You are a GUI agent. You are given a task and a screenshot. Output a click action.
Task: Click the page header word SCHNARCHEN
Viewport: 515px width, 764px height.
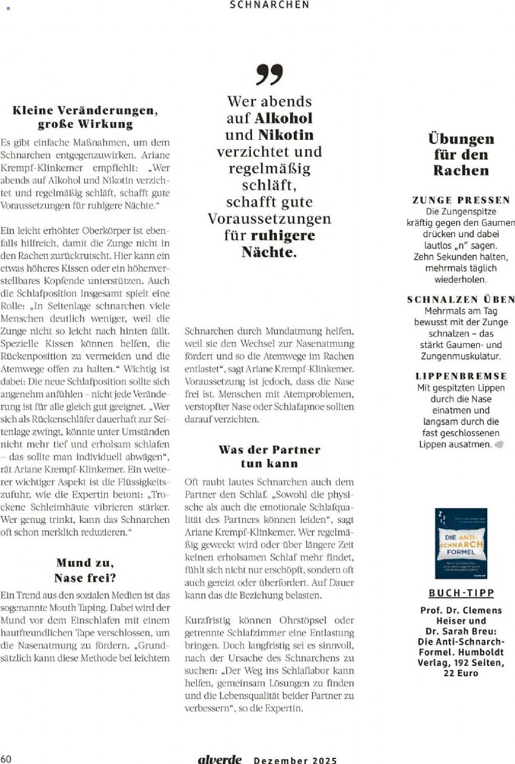tap(270, 5)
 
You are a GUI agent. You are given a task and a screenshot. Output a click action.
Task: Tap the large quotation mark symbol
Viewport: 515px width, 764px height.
tap(269, 74)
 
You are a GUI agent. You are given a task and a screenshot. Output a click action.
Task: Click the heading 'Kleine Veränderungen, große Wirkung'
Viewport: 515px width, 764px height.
tap(85, 117)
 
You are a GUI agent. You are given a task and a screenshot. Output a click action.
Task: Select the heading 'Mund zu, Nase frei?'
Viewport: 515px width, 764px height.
tap(85, 570)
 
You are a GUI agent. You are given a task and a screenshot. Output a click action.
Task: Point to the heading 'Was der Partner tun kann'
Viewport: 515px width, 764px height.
tap(269, 456)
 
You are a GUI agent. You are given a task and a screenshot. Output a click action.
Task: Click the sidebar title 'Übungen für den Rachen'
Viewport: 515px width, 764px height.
tap(461, 154)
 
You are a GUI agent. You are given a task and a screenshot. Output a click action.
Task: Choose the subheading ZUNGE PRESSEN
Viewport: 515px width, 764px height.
tap(461, 200)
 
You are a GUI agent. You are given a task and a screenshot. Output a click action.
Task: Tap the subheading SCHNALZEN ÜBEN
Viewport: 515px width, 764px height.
tap(461, 300)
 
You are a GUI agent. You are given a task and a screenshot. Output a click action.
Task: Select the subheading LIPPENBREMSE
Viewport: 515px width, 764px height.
tap(461, 376)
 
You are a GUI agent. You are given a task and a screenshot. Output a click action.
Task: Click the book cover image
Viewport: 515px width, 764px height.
tap(461, 543)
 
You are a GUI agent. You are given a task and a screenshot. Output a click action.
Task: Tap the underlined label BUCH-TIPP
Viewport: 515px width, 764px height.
tap(461, 593)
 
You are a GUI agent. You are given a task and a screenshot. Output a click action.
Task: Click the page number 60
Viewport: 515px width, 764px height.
tap(6, 759)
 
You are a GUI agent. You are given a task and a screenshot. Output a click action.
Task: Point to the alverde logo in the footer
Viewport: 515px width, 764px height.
tap(219, 759)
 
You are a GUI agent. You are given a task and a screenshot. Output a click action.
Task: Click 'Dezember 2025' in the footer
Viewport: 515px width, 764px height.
tap(295, 760)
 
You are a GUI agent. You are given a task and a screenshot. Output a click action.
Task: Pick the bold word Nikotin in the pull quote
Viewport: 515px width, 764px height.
tap(286, 134)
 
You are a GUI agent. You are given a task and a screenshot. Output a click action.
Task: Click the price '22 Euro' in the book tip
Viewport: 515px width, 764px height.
tap(461, 673)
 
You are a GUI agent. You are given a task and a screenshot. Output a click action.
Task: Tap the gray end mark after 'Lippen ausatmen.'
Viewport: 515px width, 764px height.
tap(499, 444)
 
